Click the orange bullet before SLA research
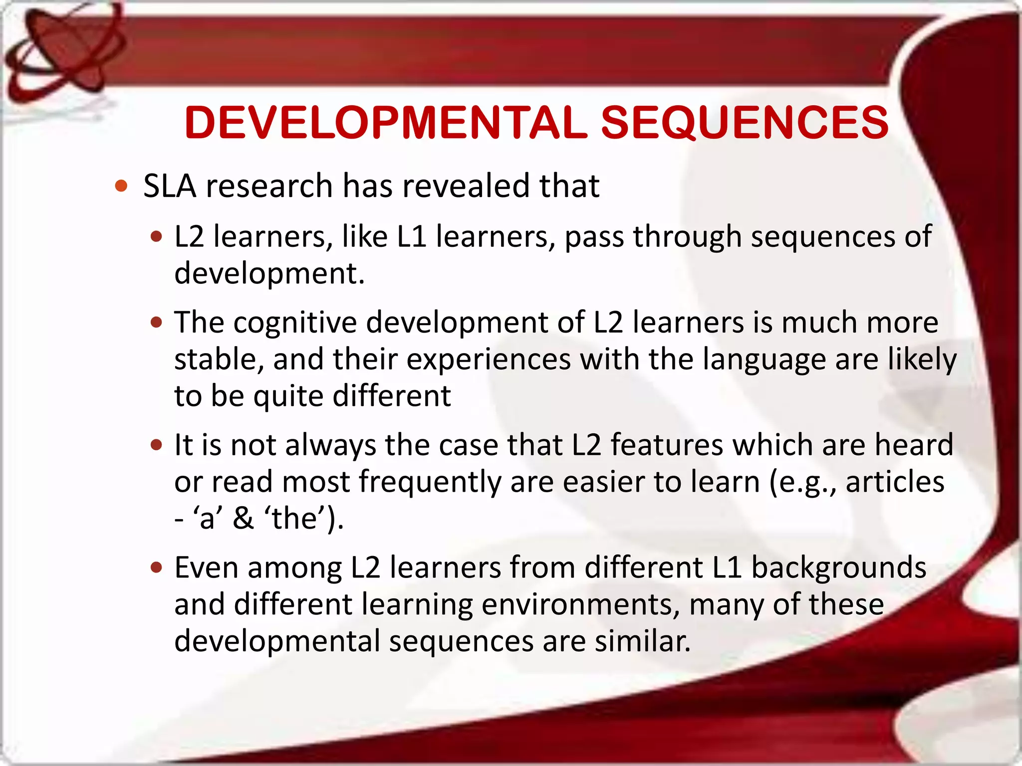pos(121,187)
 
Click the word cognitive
pos(295,322)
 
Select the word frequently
pos(430,482)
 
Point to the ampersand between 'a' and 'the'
pos(243,518)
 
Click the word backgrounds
pos(838,568)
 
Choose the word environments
pos(580,604)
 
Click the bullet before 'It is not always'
pos(157,445)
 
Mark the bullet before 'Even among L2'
pos(157,568)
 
